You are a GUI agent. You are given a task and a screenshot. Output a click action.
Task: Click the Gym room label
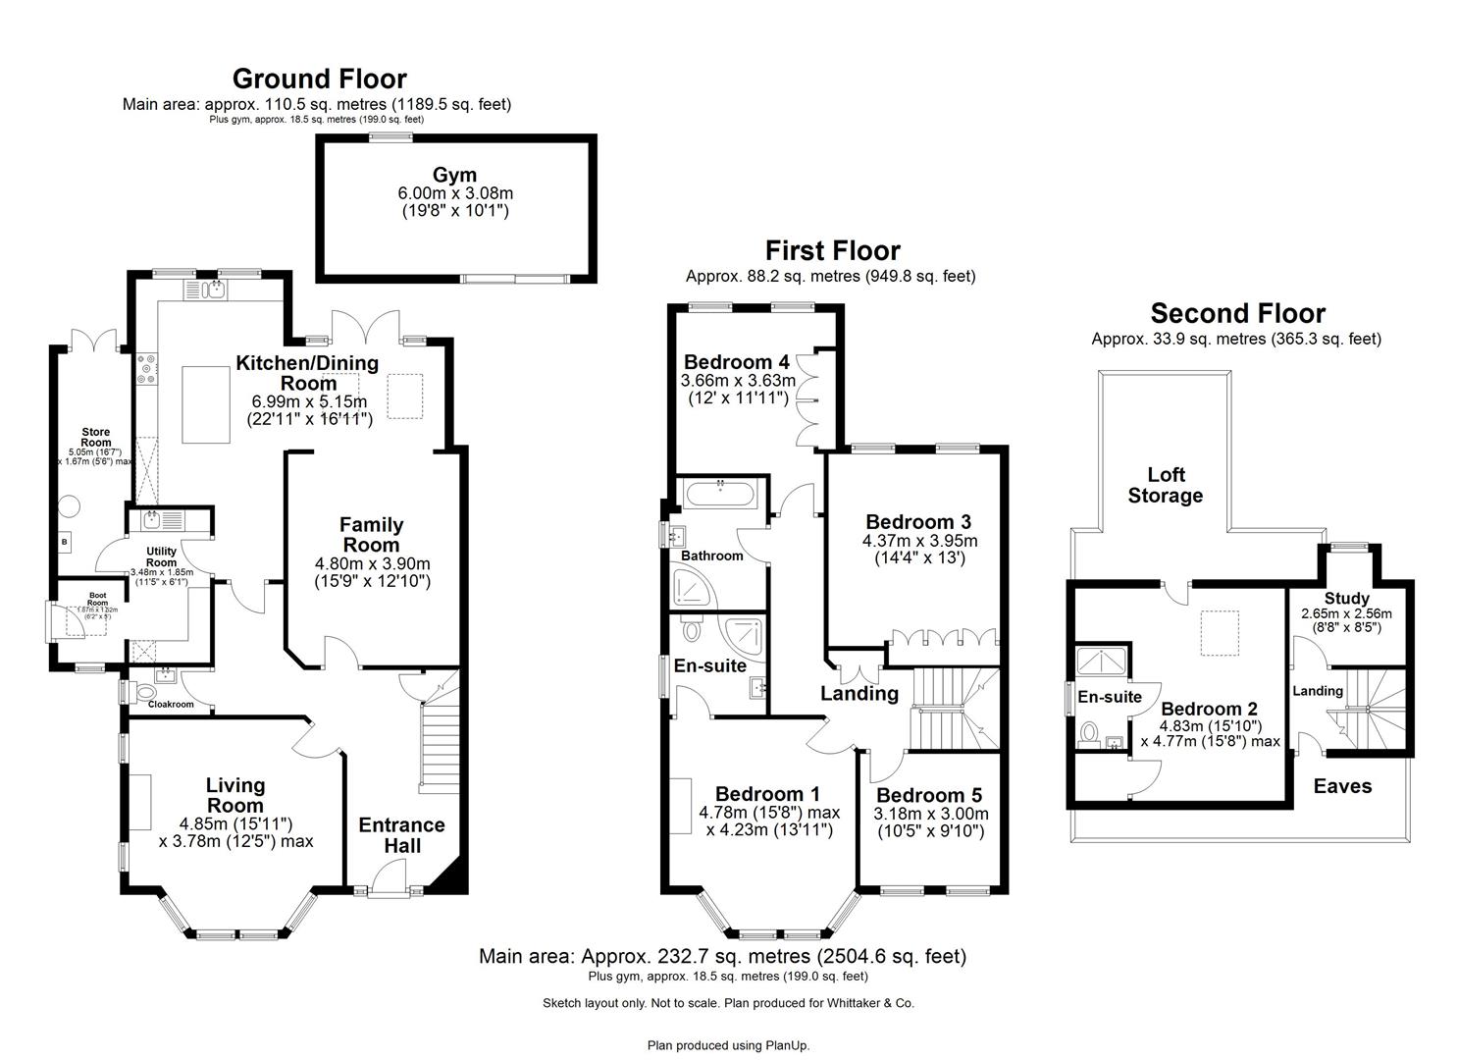click(454, 176)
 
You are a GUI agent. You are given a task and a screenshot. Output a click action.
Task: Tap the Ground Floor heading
click(319, 79)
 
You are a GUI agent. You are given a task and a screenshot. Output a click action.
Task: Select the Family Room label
click(372, 535)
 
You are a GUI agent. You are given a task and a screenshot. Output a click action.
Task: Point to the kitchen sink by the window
click(214, 289)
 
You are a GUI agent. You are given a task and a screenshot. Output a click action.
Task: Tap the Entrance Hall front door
click(396, 875)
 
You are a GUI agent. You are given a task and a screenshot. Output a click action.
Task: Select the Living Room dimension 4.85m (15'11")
click(235, 822)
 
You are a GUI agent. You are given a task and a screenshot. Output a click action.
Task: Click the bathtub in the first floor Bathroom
click(720, 494)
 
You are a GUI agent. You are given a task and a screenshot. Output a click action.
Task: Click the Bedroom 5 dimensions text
click(930, 822)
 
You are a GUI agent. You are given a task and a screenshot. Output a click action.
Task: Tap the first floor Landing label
click(859, 694)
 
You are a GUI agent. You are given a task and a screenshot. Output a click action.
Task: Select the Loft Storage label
click(1166, 486)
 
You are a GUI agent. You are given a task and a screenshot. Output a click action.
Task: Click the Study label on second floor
click(1346, 599)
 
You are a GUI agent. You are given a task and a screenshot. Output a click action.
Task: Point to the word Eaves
click(1342, 786)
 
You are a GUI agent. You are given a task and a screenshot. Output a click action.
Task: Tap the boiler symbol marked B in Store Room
click(65, 542)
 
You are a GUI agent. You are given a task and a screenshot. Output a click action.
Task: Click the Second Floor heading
click(1237, 313)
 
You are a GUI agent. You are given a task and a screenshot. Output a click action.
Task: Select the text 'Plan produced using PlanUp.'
click(728, 1045)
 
